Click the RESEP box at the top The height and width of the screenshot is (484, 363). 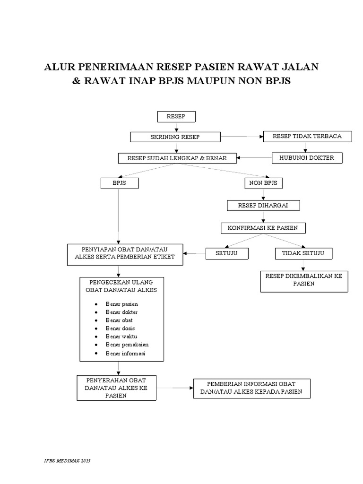click(x=176, y=117)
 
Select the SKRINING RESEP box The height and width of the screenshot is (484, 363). click(x=175, y=137)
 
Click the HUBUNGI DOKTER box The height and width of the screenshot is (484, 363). click(x=307, y=158)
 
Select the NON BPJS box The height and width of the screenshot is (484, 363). click(x=263, y=182)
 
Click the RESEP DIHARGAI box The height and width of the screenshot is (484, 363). click(x=263, y=206)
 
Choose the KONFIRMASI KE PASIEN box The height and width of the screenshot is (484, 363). click(x=263, y=228)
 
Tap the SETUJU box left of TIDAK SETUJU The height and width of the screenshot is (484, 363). click(x=225, y=253)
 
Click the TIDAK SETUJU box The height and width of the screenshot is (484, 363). click(x=303, y=253)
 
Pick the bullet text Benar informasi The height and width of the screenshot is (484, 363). click(x=125, y=354)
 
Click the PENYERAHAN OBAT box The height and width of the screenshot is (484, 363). click(x=116, y=388)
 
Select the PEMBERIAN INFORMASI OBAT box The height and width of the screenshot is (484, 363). click(x=251, y=388)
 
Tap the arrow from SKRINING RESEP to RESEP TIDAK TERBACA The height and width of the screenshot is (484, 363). click(x=242, y=137)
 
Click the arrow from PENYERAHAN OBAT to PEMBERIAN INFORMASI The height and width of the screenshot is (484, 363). click(x=174, y=388)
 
